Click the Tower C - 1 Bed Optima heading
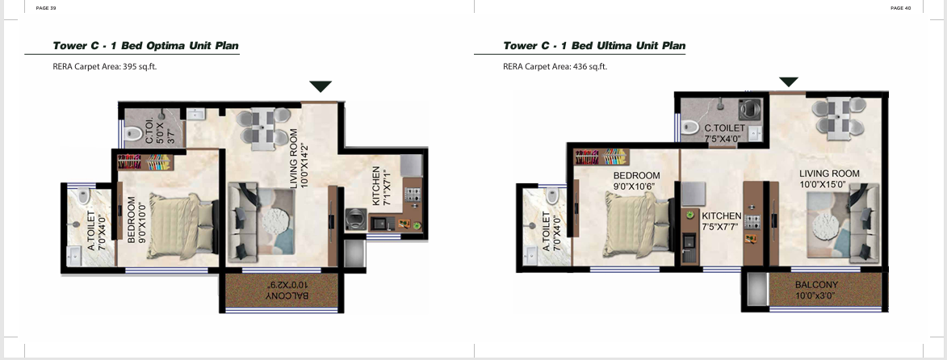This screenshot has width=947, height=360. (x=145, y=45)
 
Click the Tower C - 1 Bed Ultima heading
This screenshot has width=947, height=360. (x=594, y=45)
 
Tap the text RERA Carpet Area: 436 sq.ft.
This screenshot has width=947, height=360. (x=555, y=66)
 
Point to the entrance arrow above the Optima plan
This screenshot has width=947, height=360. (x=321, y=86)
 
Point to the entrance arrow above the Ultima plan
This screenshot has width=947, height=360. (x=789, y=82)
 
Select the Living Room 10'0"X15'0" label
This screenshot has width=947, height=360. (x=829, y=179)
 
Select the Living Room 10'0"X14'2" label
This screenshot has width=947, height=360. (x=299, y=158)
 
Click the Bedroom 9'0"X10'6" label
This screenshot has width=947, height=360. (x=632, y=181)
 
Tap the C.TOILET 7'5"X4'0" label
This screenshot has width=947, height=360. (x=725, y=133)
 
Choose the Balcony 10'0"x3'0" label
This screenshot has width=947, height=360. (x=816, y=290)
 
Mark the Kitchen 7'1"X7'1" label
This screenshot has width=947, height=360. (x=381, y=186)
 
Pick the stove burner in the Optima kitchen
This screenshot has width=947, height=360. (x=413, y=195)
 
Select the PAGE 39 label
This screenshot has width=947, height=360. (x=47, y=8)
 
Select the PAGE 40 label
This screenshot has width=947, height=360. (x=900, y=8)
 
